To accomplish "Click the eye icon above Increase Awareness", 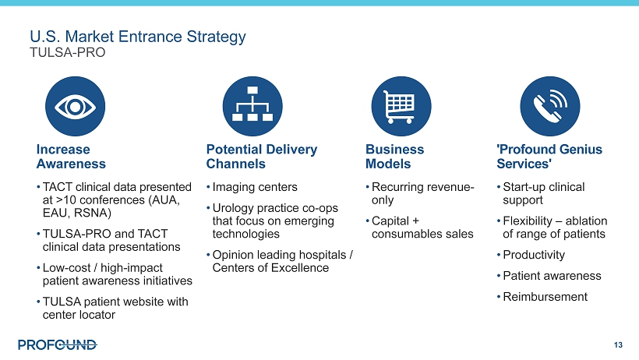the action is point(75,107).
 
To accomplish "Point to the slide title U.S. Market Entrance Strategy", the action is point(138,37).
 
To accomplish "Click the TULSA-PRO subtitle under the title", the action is point(68,52).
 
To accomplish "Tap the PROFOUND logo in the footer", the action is point(58,345).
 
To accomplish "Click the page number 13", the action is point(618,345).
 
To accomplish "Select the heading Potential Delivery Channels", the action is point(262,157).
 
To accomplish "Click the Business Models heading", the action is point(394,157).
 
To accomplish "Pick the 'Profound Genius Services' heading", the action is point(549,157).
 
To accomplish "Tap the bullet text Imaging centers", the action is point(255,187).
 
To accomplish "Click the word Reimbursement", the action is point(545,297).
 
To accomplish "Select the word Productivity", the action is point(534,255).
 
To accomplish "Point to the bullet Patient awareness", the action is point(552,276).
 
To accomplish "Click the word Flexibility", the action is point(528,221).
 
